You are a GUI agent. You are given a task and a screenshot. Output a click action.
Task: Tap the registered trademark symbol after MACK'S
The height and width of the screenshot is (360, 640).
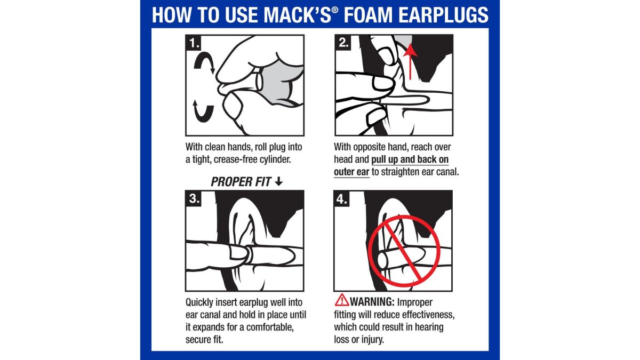point(335,10)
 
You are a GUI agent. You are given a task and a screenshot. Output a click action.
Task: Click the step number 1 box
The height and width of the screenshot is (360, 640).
point(194,43)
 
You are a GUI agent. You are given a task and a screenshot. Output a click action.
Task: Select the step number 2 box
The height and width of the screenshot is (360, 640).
point(343,43)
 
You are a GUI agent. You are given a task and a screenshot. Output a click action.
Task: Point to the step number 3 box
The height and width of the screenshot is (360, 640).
point(194,198)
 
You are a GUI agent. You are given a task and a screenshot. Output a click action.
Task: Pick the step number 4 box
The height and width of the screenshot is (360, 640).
point(342,198)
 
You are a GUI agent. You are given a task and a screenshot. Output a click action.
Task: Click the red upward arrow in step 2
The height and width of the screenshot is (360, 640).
point(411,61)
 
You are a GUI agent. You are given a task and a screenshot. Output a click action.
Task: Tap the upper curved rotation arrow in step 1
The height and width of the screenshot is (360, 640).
point(204,61)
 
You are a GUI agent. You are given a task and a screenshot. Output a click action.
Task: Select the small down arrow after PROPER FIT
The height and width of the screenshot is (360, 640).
point(278,181)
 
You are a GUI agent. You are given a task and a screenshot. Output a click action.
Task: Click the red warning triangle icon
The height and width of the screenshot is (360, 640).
point(342,300)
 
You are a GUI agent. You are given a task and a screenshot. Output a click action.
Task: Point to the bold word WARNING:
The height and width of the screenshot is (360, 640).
point(372,302)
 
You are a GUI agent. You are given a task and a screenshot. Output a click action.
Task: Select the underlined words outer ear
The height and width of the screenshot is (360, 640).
point(351,172)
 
